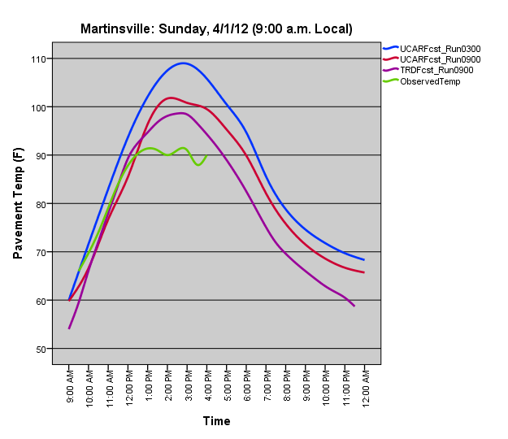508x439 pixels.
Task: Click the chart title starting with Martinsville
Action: click(216, 29)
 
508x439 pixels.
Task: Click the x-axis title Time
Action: click(216, 421)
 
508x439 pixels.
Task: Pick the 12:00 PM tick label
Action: click(129, 386)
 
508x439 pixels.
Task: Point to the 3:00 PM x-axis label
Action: click(188, 386)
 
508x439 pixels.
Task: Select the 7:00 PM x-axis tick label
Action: click(267, 386)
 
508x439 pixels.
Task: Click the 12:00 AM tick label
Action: click(365, 386)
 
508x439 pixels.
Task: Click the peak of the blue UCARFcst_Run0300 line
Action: click(184, 63)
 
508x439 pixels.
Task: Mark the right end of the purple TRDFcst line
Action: click(354, 306)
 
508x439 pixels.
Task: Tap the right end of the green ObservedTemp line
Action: click(206, 156)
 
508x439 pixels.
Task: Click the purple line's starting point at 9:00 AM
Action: click(70, 328)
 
